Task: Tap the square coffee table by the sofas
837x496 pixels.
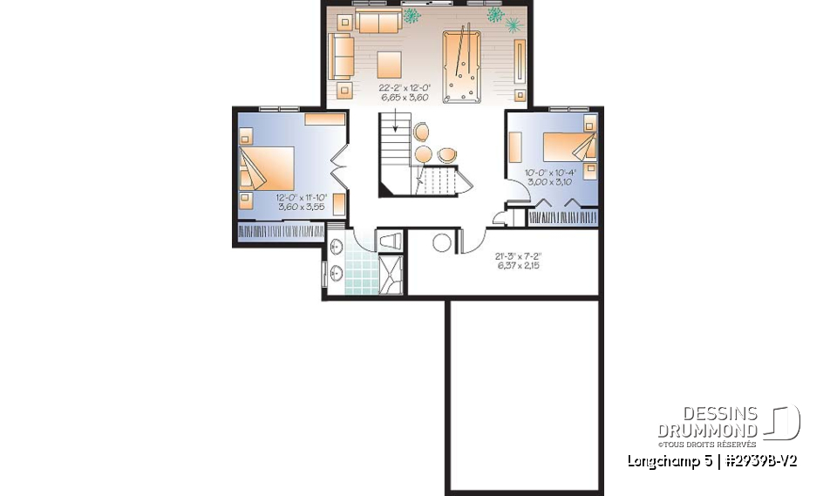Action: (390, 64)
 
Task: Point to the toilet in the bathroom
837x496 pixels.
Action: (389, 240)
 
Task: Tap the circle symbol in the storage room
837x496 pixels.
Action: (443, 242)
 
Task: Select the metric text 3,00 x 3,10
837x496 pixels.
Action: (548, 181)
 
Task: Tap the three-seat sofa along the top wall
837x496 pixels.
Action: (378, 22)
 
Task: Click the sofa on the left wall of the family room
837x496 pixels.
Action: (340, 57)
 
